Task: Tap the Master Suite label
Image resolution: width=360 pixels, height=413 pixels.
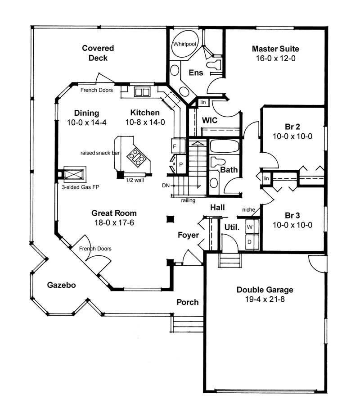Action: [275, 49]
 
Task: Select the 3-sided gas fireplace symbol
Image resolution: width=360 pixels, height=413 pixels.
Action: [72, 173]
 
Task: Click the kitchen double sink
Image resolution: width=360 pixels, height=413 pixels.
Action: [142, 92]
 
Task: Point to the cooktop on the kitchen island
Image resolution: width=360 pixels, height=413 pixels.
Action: [136, 157]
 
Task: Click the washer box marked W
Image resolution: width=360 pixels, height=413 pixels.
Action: [250, 227]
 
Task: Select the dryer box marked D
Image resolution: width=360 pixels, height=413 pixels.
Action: [250, 241]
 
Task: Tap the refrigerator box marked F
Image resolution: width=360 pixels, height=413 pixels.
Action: [174, 147]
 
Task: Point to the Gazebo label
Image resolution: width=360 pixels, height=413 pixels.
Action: [61, 285]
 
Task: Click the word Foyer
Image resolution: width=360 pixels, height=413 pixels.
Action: [188, 235]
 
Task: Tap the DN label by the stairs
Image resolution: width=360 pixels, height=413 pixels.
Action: [166, 186]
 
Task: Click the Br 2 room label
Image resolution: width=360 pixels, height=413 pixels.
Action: [292, 127]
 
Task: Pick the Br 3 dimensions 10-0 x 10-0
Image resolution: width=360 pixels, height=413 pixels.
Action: [292, 225]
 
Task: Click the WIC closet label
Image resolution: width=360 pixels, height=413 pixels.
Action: [210, 120]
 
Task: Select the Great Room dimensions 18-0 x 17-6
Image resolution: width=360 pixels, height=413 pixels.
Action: [114, 222]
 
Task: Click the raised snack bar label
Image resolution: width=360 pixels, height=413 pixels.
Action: [100, 153]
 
